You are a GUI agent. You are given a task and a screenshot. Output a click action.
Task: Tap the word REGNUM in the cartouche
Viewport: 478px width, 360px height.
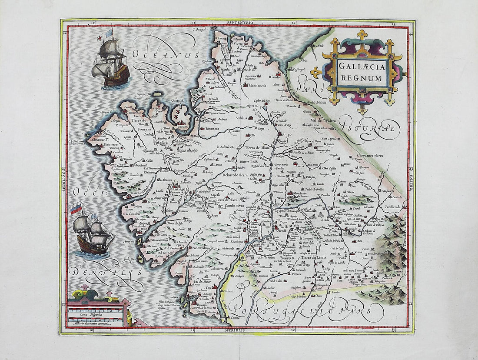pos(358,78)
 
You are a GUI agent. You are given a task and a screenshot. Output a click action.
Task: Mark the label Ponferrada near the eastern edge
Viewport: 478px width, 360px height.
pos(391,207)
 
